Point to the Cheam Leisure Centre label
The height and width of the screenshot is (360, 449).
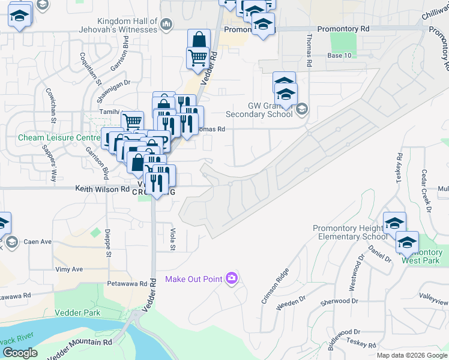click(58, 137)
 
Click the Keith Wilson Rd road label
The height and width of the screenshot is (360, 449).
click(102, 188)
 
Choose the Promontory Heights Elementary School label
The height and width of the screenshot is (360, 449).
click(348, 232)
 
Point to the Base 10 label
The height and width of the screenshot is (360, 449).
click(339, 56)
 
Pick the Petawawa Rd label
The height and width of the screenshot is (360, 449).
click(127, 283)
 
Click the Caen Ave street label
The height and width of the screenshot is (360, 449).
click(37, 242)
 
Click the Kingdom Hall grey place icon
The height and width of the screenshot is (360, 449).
click(166, 25)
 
